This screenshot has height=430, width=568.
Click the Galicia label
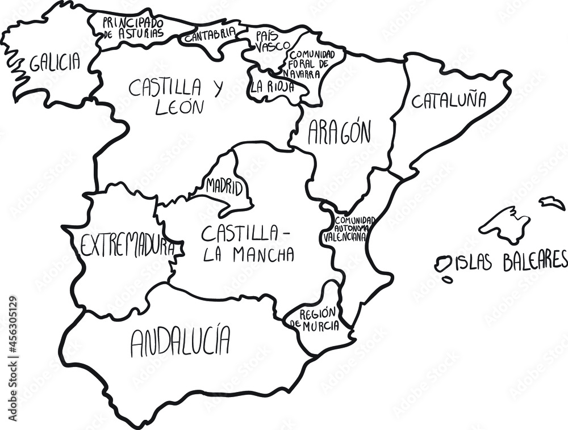pyautogui.click(x=55, y=62)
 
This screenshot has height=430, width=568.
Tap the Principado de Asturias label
pyautogui.click(x=133, y=27)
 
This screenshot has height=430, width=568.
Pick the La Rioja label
pyautogui.click(x=272, y=87)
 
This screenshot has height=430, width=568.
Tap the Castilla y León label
pyautogui.click(x=176, y=96)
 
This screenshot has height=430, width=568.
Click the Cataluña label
pyautogui.click(x=449, y=100)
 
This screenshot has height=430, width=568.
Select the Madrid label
pyautogui.click(x=224, y=186)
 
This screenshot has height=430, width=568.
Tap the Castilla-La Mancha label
pyautogui.click(x=248, y=243)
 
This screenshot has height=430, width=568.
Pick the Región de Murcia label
pyautogui.click(x=315, y=320)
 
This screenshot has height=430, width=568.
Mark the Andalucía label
pyautogui.click(x=181, y=342)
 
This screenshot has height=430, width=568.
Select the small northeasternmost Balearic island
pyautogui.click(x=552, y=203)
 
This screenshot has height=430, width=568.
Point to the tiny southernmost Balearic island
pyautogui.click(x=448, y=279)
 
